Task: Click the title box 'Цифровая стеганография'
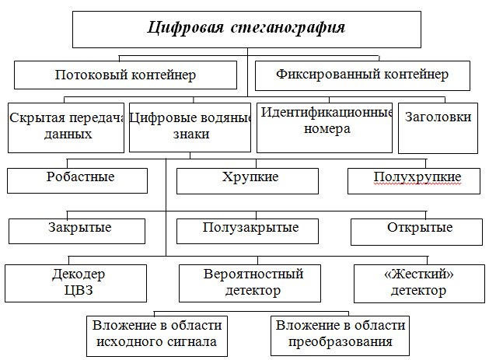point(246,30)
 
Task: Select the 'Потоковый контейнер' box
point(125,75)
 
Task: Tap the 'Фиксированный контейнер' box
point(362,75)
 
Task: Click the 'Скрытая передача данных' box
point(66,128)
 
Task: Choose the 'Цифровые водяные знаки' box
point(190,128)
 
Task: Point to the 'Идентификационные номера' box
point(324,128)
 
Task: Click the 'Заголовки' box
point(438,128)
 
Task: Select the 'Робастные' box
point(77,180)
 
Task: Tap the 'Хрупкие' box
point(248,181)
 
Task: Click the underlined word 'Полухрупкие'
point(417,177)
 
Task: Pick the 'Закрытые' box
point(77,231)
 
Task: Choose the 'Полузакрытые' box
point(248,231)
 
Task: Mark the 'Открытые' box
point(417,232)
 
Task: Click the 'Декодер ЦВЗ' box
point(75,283)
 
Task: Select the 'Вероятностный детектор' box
point(250,283)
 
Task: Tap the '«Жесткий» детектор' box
point(420,284)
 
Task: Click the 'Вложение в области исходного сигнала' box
point(157,336)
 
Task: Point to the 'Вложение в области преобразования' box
point(340,336)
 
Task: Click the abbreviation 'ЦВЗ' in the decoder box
point(79,291)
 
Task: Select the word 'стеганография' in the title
point(288,28)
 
